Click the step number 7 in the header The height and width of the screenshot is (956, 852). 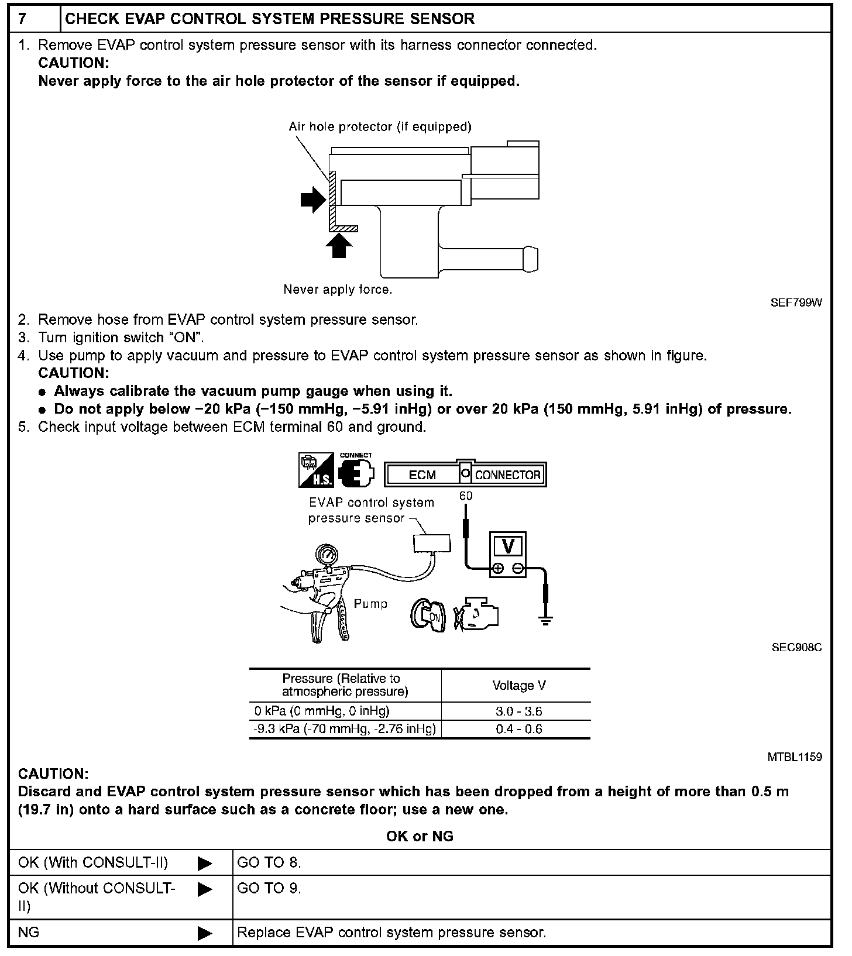22,19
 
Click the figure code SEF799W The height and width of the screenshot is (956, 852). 796,302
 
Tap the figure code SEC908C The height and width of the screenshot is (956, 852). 796,648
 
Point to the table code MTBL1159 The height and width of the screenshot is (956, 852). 795,757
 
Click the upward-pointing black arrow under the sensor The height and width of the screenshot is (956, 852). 339,246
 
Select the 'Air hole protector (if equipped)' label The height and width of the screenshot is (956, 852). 380,127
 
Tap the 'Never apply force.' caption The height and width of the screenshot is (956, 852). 338,290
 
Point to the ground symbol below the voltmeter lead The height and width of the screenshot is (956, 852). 545,621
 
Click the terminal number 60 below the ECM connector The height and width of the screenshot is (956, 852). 466,496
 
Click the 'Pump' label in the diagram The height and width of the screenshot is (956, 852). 370,604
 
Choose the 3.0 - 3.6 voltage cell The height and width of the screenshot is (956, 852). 518,711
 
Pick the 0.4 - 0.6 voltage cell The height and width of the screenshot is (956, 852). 518,729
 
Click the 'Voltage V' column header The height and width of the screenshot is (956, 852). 518,685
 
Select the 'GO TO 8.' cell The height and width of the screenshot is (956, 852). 269,862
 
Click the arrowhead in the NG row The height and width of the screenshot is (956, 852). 205,933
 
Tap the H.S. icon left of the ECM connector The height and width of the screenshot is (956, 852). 317,470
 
